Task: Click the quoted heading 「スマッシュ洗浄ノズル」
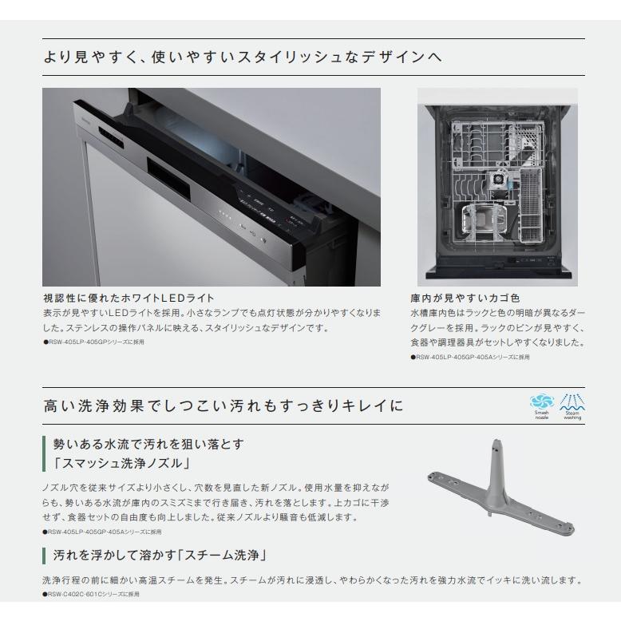click(121, 463)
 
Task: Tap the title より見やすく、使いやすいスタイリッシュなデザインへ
click(243, 58)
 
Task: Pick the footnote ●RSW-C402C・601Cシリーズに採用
click(92, 595)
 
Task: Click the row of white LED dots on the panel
click(227, 216)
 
